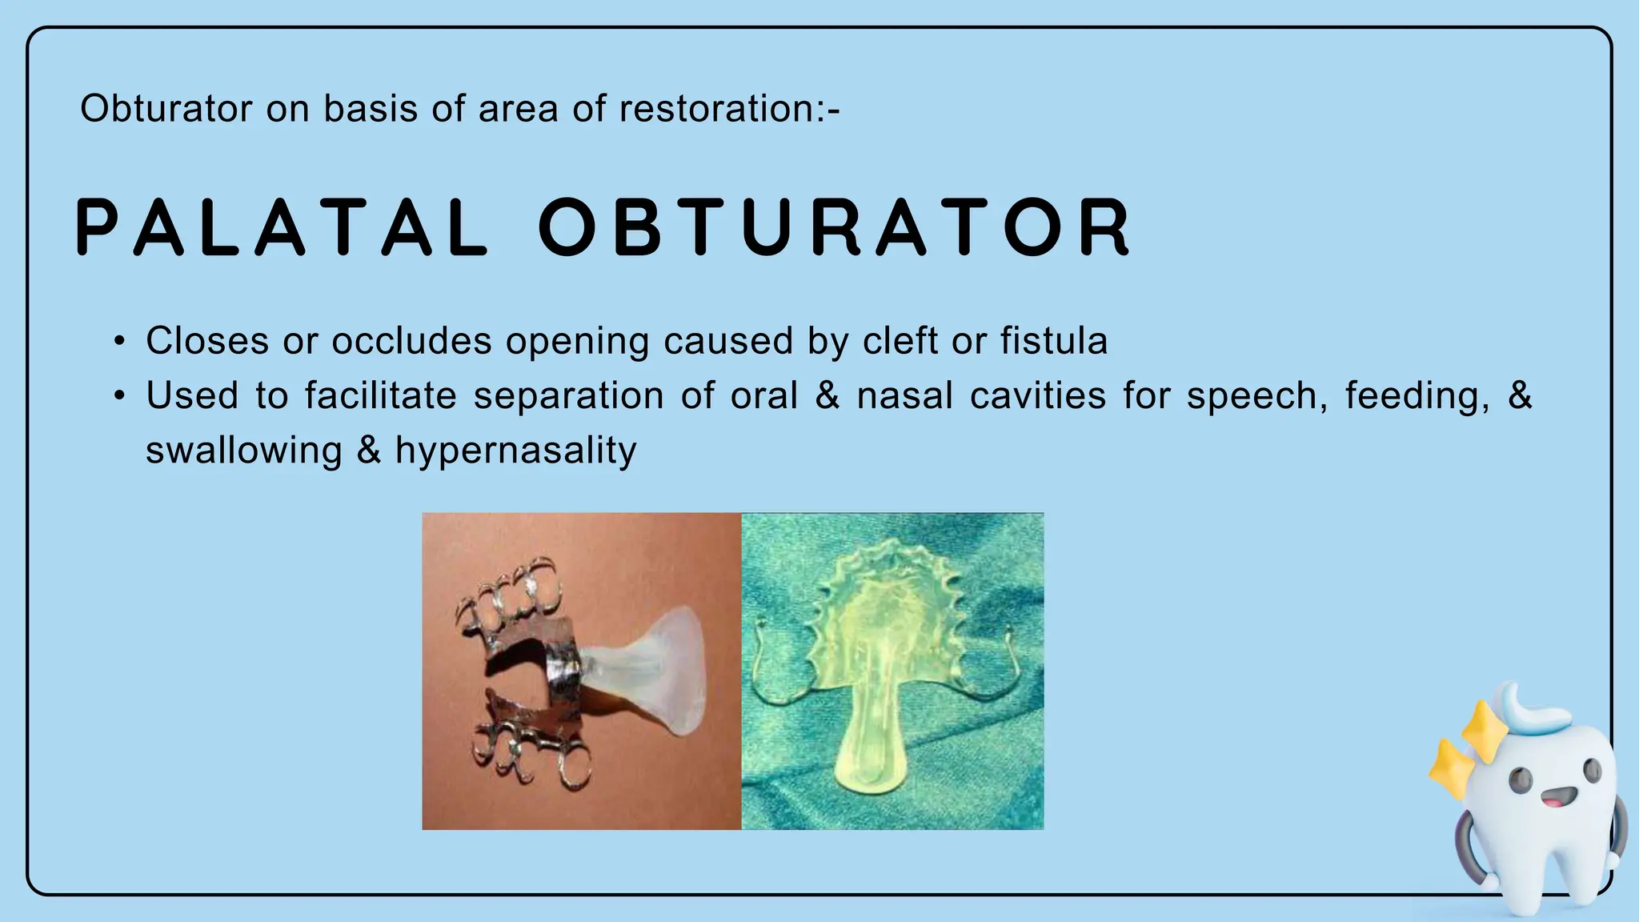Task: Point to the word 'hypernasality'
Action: [515, 451]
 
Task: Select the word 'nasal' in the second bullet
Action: [904, 396]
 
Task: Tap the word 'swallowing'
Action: [243, 451]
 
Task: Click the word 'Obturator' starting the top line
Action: [166, 109]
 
